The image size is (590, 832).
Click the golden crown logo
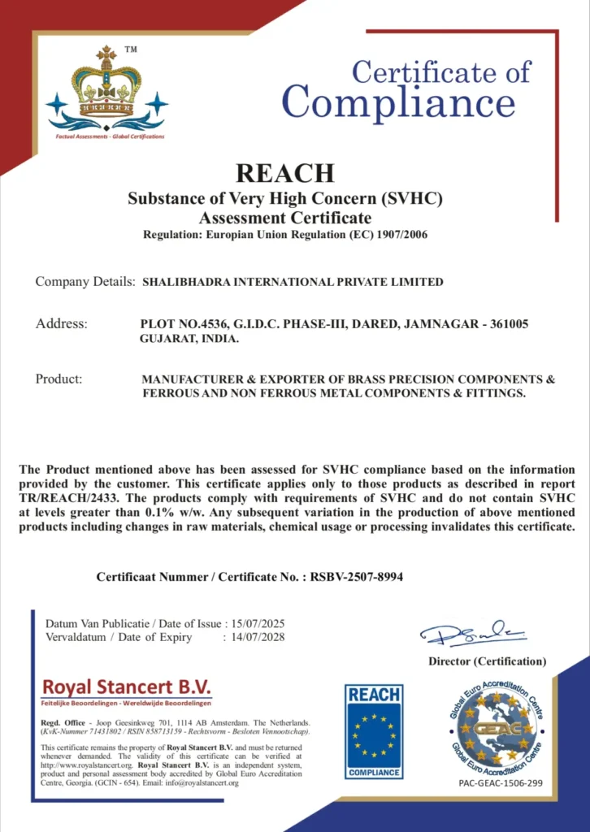(106, 87)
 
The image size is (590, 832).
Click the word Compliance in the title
(398, 103)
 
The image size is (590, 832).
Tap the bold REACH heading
(284, 173)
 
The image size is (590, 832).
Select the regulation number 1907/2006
(398, 235)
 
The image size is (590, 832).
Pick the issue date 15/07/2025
(258, 623)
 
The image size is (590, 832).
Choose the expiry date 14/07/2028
(258, 637)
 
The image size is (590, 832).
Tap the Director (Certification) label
(488, 661)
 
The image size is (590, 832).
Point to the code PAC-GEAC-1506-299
(501, 785)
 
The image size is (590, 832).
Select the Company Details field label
(85, 282)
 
